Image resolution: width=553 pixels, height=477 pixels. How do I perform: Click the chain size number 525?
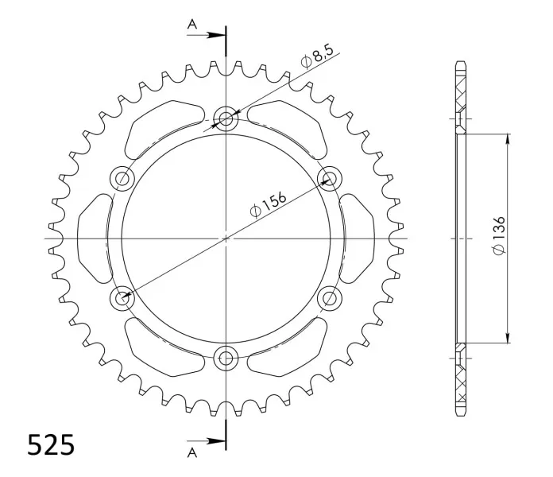51,444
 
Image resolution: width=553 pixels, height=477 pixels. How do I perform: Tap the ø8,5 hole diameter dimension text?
317,56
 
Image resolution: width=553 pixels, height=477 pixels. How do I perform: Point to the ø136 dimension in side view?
499,235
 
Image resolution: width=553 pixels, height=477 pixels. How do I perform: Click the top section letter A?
191,25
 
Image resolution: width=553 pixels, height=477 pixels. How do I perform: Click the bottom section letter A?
191,452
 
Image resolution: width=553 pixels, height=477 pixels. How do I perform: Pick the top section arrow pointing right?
206,35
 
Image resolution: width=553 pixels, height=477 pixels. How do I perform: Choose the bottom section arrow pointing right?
206,440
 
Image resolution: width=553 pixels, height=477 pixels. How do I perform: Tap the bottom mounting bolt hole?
226,359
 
